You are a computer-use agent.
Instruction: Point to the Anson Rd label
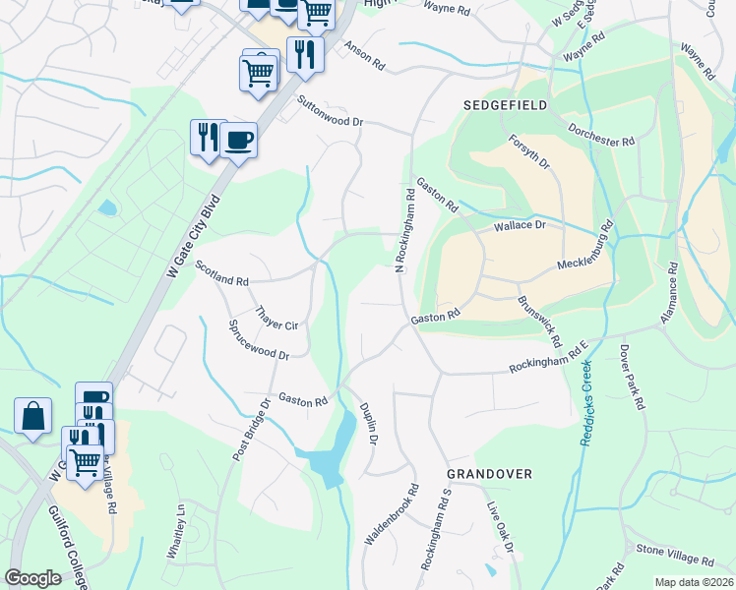point(364,57)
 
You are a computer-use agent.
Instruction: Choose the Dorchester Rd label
point(601,135)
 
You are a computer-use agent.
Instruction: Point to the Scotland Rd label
point(221,273)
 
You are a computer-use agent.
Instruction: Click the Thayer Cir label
point(276,317)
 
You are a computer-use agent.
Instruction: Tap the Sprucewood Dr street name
point(258,339)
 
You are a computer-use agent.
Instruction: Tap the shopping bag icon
point(32,415)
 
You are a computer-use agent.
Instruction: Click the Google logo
point(33,578)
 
